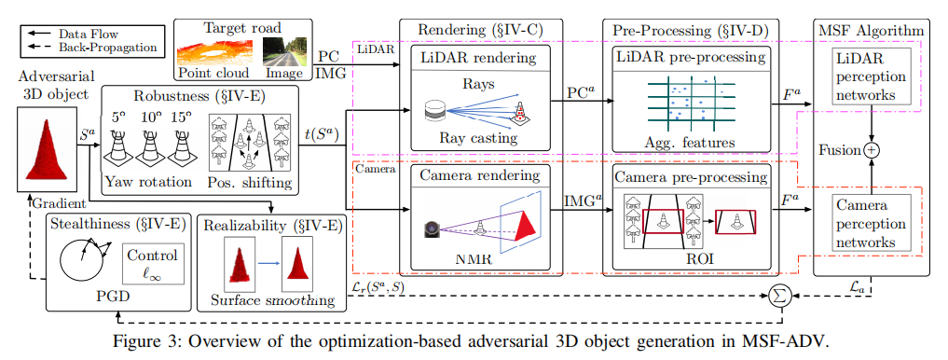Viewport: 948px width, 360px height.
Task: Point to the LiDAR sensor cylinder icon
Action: click(x=434, y=113)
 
